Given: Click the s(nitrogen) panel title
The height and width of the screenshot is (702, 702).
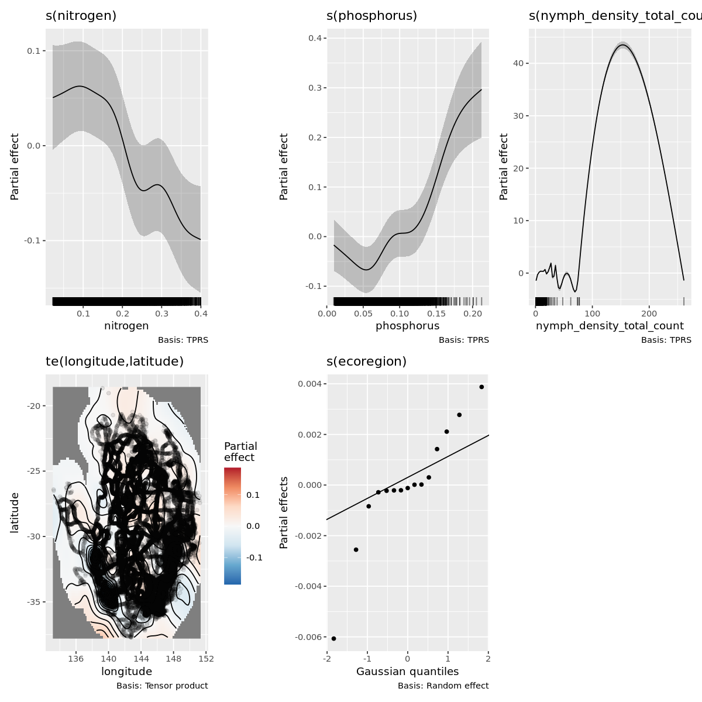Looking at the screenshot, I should [x=81, y=16].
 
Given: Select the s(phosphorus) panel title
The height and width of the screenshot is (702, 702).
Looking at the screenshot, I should [x=371, y=16].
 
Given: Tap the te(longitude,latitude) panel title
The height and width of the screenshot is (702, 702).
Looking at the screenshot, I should [x=115, y=362].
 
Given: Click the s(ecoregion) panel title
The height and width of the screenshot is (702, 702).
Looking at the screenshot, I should [x=366, y=362].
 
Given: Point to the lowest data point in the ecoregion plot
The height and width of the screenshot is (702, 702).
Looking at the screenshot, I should [x=333, y=638].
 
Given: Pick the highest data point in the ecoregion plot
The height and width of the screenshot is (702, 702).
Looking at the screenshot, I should [x=481, y=387].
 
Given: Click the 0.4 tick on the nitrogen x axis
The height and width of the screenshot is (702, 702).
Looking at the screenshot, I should [x=201, y=314].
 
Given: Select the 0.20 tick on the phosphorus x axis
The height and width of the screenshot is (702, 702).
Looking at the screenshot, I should [x=472, y=314].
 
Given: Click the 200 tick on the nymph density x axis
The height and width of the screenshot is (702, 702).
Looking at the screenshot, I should [x=649, y=314].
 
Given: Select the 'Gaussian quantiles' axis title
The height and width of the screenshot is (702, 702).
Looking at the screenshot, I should [x=407, y=672].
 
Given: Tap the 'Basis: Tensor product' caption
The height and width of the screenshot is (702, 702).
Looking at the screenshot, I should [x=162, y=686].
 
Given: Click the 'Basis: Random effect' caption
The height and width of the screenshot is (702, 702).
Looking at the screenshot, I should [x=443, y=686].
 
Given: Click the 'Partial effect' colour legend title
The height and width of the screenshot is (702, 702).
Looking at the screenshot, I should [x=240, y=452].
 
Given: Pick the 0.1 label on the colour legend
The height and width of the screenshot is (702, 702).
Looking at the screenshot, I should [x=253, y=495].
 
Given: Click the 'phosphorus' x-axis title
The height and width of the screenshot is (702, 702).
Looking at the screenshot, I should [x=407, y=326].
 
